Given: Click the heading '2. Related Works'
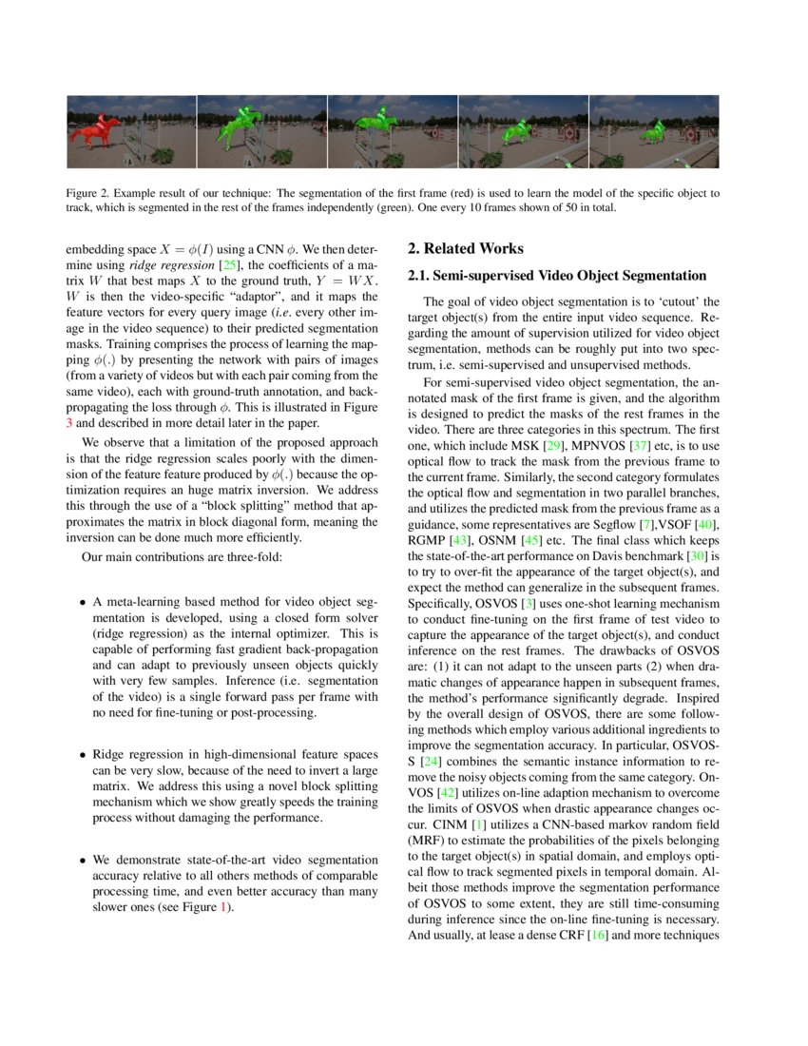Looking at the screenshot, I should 465,249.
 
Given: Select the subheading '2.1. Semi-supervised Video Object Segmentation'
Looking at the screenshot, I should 556,276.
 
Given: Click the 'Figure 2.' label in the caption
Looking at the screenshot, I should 87,193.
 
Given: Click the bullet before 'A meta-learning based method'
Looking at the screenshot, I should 83,603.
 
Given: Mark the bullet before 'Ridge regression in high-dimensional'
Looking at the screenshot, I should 83,755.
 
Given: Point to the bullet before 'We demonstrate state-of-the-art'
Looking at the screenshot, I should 83,862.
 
